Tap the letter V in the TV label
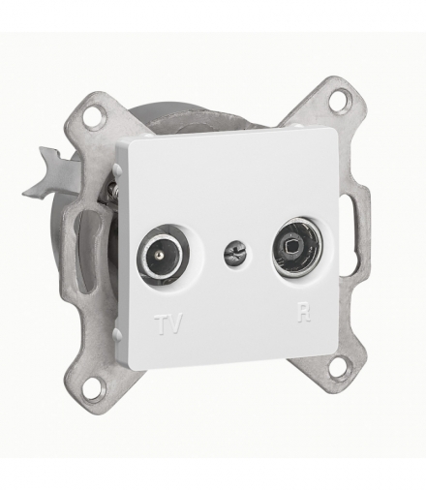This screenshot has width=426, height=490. [x=174, y=323]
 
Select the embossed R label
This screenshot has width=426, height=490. [x=304, y=312]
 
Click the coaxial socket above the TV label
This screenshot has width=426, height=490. [x=163, y=256]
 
